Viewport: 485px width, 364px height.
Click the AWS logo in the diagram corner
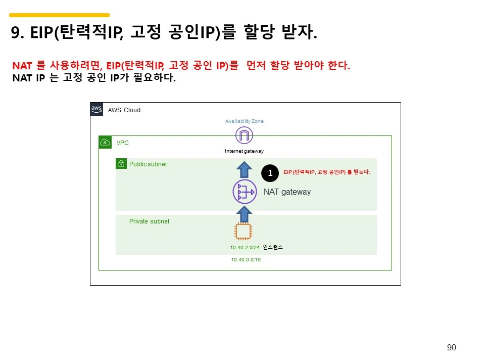96,109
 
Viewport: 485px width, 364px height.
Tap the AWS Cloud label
124,110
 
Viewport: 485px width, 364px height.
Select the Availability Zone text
244,121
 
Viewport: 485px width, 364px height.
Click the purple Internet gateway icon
244,135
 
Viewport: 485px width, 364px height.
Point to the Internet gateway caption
244,151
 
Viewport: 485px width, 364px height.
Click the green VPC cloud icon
105,142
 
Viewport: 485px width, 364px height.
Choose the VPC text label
123,143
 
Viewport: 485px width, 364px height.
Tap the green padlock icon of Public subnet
121,164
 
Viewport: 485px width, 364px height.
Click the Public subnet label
148,164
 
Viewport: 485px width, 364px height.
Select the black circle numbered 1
270,173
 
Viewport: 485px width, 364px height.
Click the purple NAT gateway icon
244,192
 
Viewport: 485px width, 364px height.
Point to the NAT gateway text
287,192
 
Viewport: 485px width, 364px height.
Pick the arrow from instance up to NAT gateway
244,214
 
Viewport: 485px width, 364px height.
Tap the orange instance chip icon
244,231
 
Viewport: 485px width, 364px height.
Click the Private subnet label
149,221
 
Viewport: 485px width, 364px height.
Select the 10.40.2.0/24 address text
245,248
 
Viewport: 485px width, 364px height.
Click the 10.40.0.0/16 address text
246,259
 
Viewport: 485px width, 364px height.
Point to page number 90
451,347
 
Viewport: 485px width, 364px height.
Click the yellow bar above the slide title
59,15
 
